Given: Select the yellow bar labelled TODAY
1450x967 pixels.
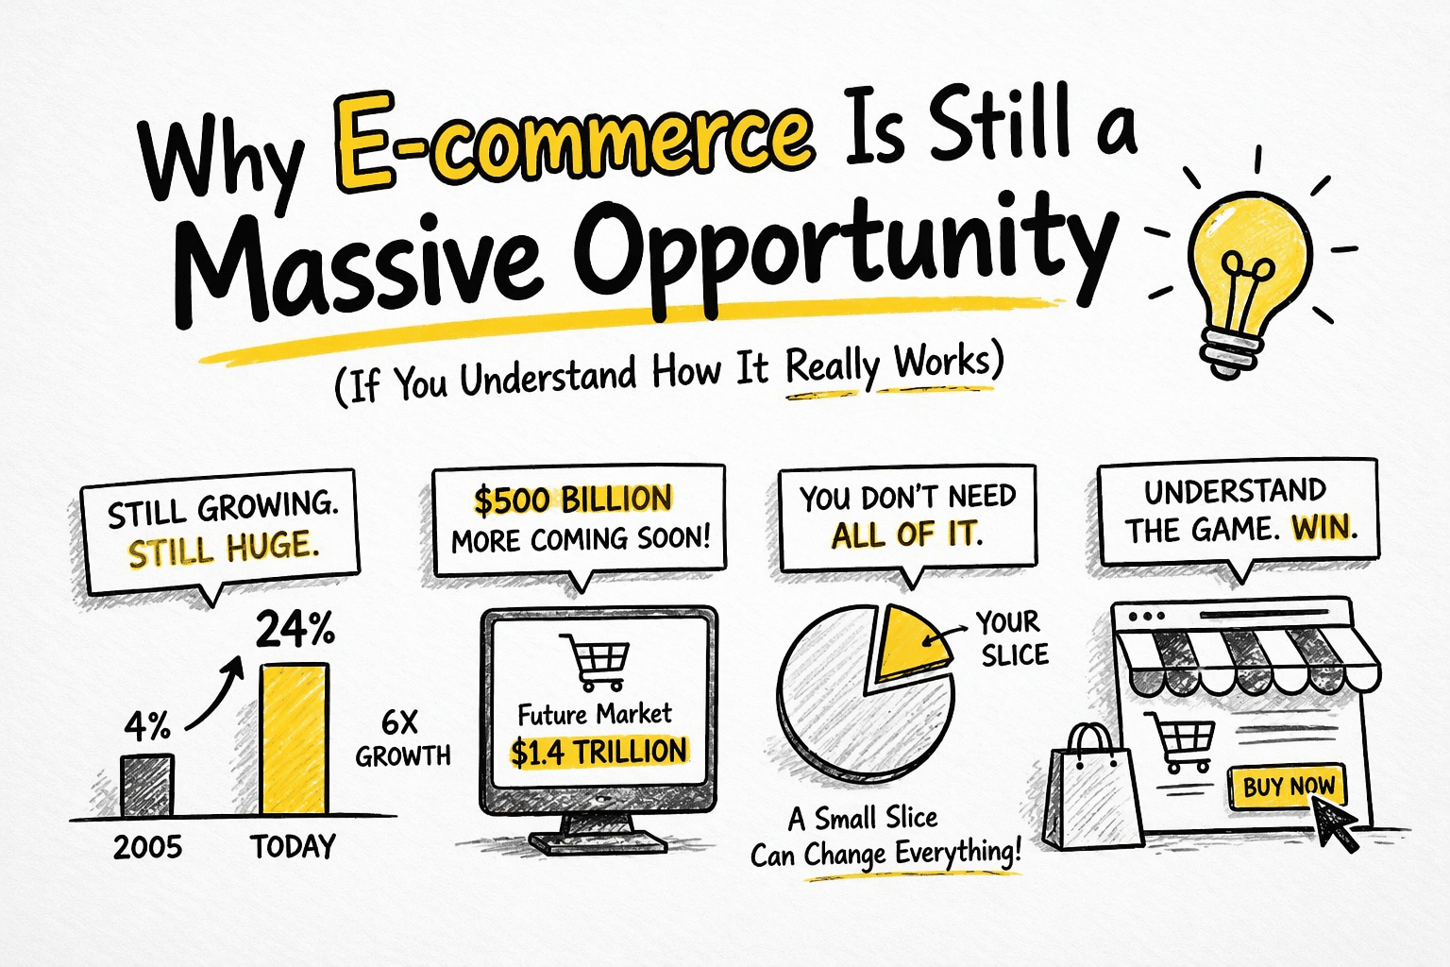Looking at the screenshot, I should [295, 738].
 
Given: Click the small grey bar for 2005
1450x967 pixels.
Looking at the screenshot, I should [147, 784].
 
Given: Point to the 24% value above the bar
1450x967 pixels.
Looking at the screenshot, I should [295, 630].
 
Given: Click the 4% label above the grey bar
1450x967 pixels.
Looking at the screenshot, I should [148, 727].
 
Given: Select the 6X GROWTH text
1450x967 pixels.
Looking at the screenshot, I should [402, 738].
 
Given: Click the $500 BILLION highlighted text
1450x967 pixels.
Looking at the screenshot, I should [573, 500].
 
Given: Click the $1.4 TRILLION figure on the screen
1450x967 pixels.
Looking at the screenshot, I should [599, 752].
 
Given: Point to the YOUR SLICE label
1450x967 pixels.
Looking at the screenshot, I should [1012, 638].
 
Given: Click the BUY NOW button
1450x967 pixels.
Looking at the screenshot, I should [1288, 786].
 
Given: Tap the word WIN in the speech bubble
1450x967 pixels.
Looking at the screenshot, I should [1324, 527].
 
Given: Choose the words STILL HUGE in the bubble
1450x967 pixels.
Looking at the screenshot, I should [223, 548].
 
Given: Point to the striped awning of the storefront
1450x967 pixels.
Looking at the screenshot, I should [1246, 656].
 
